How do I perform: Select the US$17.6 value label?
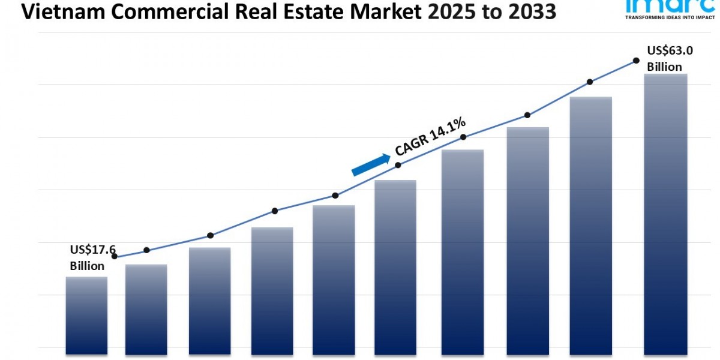[92, 250]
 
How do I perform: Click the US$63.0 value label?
[670, 51]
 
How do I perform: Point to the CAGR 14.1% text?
[430, 136]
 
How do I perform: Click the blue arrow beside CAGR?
[370, 164]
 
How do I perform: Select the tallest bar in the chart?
[665, 213]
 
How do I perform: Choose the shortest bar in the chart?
[86, 315]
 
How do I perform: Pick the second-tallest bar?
[590, 225]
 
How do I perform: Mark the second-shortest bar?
[146, 309]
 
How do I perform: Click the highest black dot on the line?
[635, 61]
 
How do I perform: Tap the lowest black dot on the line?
[115, 256]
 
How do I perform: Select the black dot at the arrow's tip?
[398, 164]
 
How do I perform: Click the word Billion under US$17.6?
[87, 266]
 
